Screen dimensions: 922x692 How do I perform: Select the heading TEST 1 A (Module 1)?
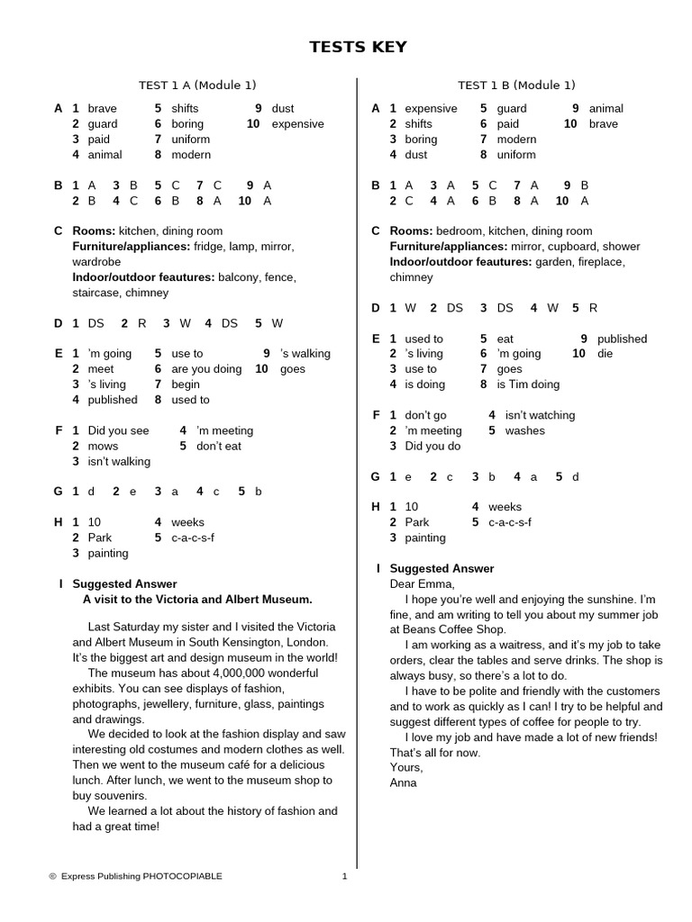(197, 86)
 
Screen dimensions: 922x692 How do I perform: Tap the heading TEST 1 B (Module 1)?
(516, 86)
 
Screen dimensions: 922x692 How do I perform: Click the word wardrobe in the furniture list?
(96, 262)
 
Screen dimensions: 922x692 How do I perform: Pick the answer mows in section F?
(103, 446)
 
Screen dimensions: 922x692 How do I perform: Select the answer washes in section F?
(524, 430)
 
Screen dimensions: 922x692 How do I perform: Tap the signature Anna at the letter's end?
(404, 782)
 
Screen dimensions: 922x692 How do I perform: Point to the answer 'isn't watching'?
(540, 415)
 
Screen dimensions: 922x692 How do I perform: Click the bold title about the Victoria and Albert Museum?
(197, 599)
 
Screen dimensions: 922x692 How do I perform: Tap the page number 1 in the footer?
(345, 876)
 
